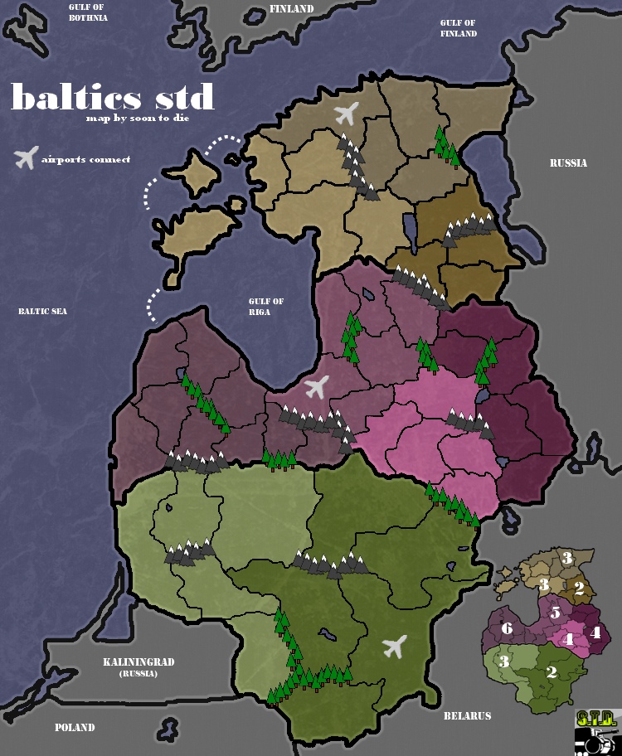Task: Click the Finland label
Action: [292, 9]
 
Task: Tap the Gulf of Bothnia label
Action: [88, 12]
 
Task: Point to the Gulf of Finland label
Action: [459, 28]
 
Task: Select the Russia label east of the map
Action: [568, 163]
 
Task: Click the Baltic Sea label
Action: [42, 312]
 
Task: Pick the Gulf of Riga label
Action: [266, 307]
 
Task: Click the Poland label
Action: [75, 728]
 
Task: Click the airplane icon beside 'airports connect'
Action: [27, 157]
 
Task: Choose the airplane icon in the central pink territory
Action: [316, 386]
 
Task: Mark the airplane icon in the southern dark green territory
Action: [395, 646]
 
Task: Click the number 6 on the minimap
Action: [507, 629]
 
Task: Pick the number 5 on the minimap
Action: [556, 614]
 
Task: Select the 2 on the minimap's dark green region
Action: [552, 672]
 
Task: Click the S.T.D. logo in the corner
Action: [596, 731]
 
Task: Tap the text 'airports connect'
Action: [85, 159]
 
